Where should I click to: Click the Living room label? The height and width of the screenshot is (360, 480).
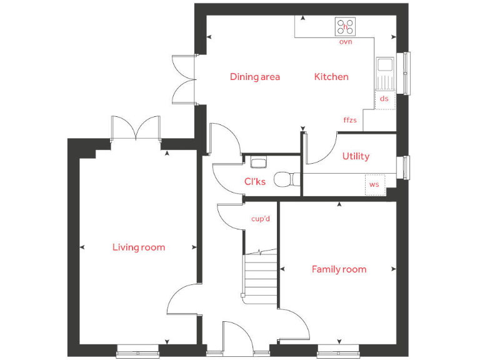click(x=139, y=247)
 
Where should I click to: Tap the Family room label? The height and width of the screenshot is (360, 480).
click(x=339, y=269)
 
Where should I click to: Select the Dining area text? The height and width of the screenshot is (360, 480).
click(x=255, y=77)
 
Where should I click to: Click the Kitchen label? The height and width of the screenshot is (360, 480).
click(x=331, y=77)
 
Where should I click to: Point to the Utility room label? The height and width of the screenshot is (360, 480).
click(x=356, y=156)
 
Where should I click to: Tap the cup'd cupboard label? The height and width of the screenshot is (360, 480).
click(x=260, y=219)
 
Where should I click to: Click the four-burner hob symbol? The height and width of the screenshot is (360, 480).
click(x=346, y=27)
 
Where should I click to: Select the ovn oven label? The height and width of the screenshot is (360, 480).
click(x=346, y=42)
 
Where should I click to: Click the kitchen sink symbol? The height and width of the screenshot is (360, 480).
click(x=384, y=65)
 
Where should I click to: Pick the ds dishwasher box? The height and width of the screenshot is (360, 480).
click(x=384, y=99)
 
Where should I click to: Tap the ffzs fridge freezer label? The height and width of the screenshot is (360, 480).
click(x=350, y=120)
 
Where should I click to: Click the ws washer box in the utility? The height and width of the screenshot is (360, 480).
click(x=374, y=184)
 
